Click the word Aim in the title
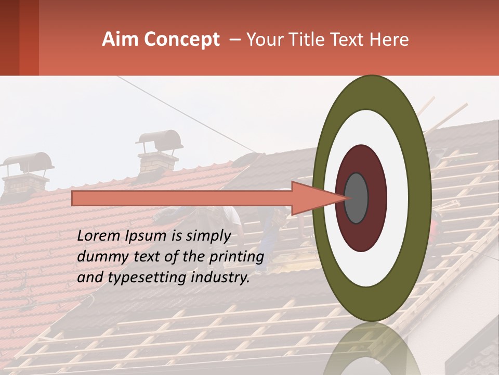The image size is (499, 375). coord(121,40)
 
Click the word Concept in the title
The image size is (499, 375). coord(181,40)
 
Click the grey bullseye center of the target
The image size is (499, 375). coord(356,198)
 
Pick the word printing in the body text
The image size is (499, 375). coord(237,257)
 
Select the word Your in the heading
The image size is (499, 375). coord(263,40)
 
